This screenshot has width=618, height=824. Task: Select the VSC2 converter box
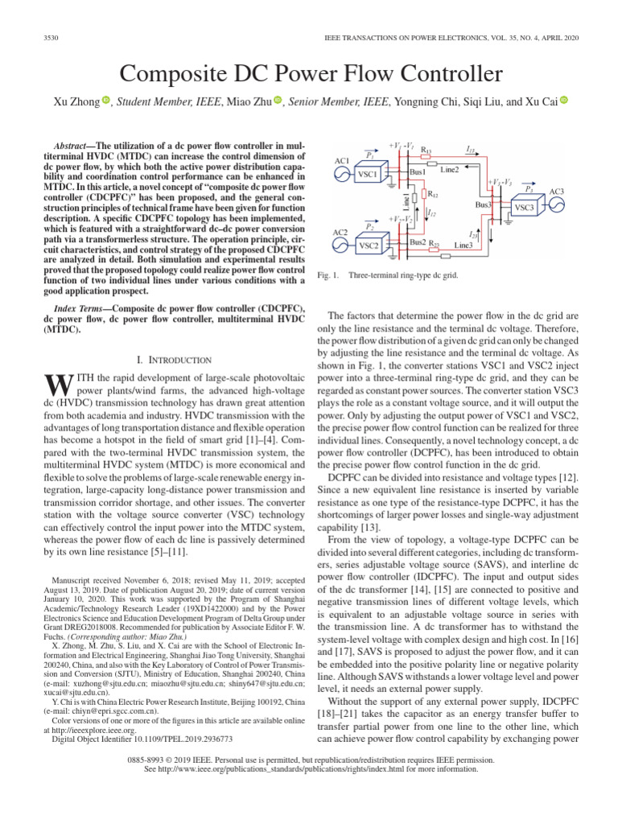coord(369,245)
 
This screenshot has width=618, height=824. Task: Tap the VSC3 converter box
coord(524,208)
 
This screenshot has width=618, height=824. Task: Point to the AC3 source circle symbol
coord(558,206)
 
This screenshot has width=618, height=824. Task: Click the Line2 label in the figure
coord(449,168)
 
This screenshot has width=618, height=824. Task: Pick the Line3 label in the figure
coord(463,244)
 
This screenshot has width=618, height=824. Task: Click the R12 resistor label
coord(432,195)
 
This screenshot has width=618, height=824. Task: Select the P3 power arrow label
coord(528,188)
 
